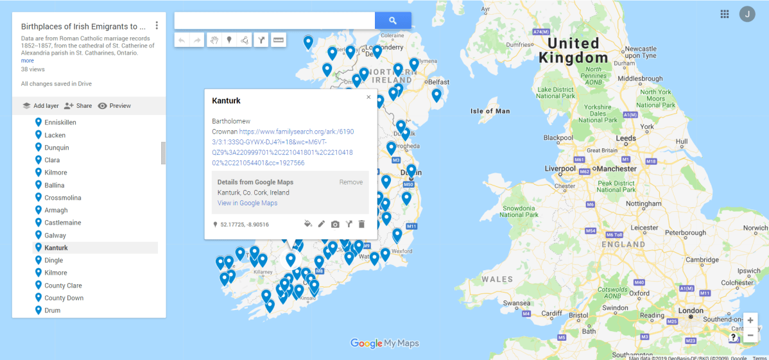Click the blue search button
point(393,21)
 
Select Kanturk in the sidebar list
point(56,248)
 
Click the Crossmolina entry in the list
point(62,198)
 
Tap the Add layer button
point(40,106)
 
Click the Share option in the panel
point(78,106)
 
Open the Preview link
point(114,106)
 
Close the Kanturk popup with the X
point(368,98)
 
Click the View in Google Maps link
point(247,203)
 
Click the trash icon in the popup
point(361,224)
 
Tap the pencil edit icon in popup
point(322,224)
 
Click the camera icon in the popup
point(335,224)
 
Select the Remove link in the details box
point(351,182)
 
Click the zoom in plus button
point(750,320)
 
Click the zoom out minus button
point(750,336)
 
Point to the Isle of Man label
point(490,111)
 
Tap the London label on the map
point(691,311)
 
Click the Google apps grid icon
point(725,14)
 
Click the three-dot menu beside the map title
point(157,26)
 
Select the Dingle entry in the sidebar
point(53,261)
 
